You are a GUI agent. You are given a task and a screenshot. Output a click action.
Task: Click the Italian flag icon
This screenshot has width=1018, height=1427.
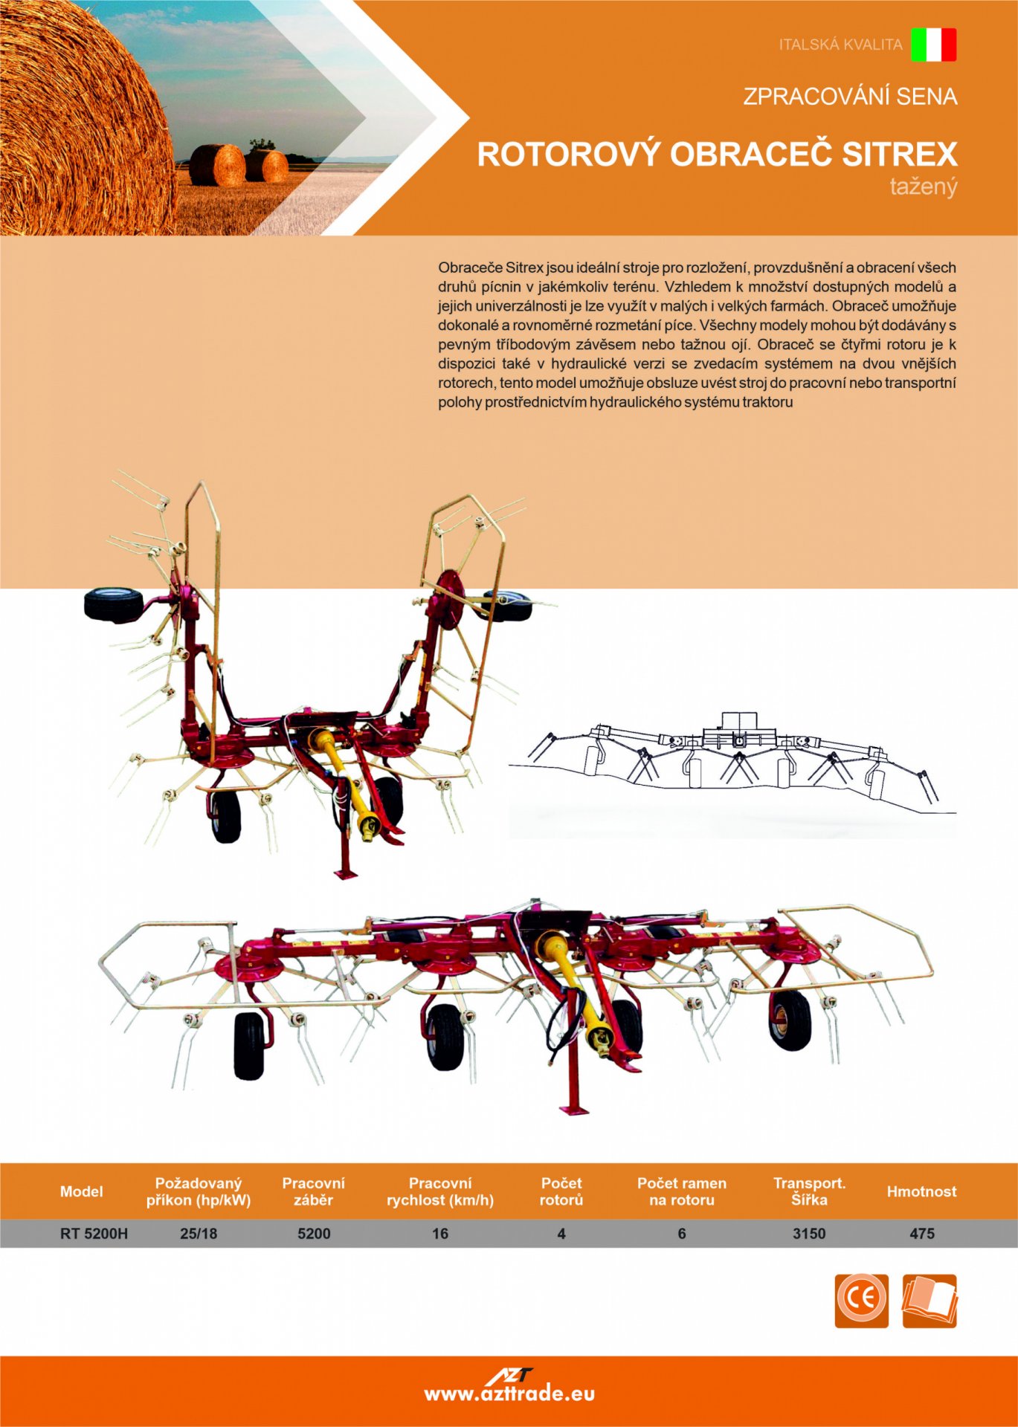click(x=933, y=45)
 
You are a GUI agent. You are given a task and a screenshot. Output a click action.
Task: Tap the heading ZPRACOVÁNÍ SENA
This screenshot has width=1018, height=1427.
click(x=850, y=97)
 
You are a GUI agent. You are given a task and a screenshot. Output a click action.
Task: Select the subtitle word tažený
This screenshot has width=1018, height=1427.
click(x=924, y=186)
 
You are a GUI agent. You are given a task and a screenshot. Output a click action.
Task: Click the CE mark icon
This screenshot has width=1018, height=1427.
click(x=861, y=1301)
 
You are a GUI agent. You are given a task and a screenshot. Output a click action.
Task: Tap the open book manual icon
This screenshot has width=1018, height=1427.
click(x=930, y=1301)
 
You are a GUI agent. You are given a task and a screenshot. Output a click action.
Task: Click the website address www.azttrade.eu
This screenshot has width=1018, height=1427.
click(x=509, y=1394)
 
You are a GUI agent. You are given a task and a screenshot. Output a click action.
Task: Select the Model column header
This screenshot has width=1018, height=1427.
click(x=81, y=1191)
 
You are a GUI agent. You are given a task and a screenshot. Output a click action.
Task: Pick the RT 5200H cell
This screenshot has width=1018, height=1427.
click(x=94, y=1234)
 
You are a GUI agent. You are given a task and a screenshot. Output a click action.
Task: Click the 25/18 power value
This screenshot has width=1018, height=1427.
click(x=199, y=1234)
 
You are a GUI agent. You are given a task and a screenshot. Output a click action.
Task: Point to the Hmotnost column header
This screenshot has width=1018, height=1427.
click(x=921, y=1191)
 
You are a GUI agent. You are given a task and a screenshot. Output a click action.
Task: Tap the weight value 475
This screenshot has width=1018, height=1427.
click(x=922, y=1234)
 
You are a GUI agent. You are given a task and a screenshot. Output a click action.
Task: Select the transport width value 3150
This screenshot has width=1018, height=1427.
click(x=809, y=1234)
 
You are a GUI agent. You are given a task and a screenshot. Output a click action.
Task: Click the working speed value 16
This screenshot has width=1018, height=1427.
click(x=440, y=1234)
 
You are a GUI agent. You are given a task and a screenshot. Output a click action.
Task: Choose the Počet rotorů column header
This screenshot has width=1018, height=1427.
click(x=561, y=1191)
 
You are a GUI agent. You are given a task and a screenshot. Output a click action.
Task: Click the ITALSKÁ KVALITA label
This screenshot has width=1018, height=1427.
click(x=840, y=45)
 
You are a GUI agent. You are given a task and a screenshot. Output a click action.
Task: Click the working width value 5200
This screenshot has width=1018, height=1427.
click(x=314, y=1234)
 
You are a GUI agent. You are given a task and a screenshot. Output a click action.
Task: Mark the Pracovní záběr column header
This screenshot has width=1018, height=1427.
click(x=314, y=1191)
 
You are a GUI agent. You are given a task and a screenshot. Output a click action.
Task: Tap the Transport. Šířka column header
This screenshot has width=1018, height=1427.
click(x=809, y=1191)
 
